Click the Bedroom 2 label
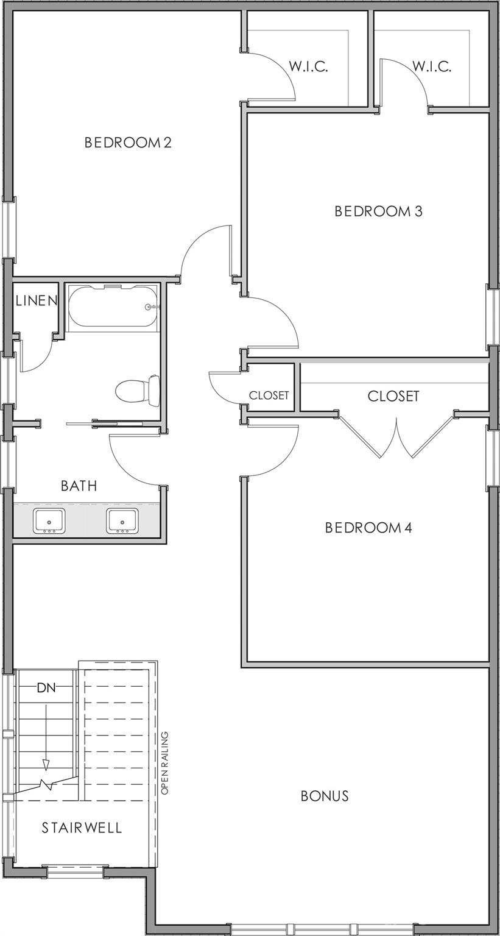click(128, 143)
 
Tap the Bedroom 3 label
click(378, 211)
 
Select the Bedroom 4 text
click(368, 528)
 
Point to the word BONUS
click(325, 796)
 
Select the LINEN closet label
click(36, 300)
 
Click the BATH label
click(79, 486)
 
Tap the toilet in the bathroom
click(138, 389)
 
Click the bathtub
click(112, 307)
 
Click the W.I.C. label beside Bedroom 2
click(308, 67)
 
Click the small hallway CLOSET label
click(269, 395)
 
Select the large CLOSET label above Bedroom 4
click(393, 396)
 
